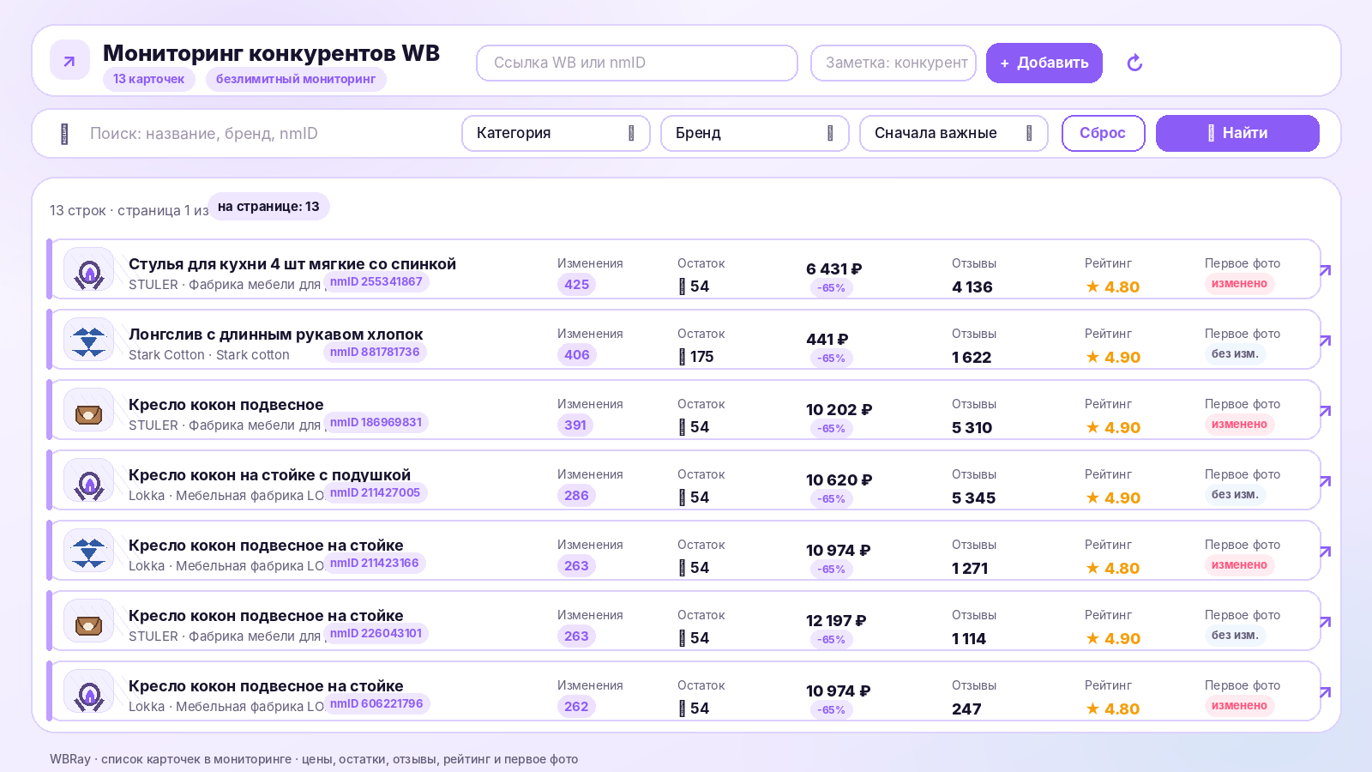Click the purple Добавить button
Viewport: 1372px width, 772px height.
(x=1044, y=63)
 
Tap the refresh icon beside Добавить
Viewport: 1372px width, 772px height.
(x=1134, y=63)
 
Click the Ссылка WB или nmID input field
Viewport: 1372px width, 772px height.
(x=637, y=63)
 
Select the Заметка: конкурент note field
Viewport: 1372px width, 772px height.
(x=893, y=63)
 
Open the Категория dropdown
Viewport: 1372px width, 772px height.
(x=556, y=133)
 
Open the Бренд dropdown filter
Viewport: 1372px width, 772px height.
(x=755, y=133)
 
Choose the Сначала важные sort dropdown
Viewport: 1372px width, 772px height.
(x=954, y=133)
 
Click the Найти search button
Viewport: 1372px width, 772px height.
(x=1237, y=133)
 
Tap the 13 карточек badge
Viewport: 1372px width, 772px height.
(x=149, y=79)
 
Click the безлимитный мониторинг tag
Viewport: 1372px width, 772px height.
(x=296, y=79)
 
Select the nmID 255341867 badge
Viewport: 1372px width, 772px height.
(x=376, y=282)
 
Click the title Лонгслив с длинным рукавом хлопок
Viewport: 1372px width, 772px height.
(x=275, y=335)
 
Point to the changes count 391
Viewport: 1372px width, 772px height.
(x=575, y=425)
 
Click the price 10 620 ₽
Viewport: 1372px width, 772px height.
(x=839, y=479)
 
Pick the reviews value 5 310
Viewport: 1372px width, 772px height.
(x=972, y=428)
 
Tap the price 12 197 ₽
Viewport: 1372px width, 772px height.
(x=836, y=621)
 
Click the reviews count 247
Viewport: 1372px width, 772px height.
(x=966, y=709)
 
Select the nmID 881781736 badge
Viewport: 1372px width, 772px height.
(x=375, y=353)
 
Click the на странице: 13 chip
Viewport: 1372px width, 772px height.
(x=268, y=207)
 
